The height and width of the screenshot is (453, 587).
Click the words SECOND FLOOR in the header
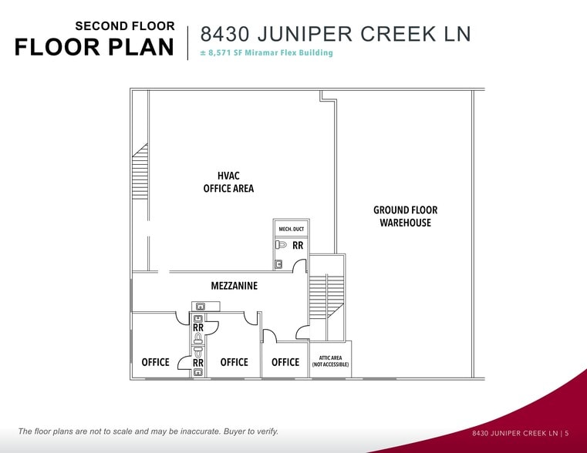(124, 26)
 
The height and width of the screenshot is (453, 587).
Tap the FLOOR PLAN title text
(94, 47)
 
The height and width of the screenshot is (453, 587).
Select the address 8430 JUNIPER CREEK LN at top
(336, 34)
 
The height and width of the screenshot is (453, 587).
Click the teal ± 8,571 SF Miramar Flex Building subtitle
(266, 53)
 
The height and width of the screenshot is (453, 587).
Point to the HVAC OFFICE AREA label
(228, 183)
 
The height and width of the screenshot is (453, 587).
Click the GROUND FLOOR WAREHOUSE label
(405, 216)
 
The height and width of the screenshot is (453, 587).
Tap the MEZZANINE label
(234, 286)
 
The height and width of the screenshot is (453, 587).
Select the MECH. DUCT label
(291, 230)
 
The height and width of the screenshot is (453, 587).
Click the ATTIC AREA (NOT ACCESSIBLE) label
(330, 361)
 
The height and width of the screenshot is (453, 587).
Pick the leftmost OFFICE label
(155, 362)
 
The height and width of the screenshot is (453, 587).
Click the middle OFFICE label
(234, 362)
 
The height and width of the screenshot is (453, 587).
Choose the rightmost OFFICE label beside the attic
(285, 362)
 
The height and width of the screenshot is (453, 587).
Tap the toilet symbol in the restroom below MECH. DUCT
(282, 246)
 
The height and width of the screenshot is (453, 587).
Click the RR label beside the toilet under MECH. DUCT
(298, 246)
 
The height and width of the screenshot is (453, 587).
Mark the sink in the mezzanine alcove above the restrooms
(199, 307)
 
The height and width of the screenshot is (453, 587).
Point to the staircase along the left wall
(140, 171)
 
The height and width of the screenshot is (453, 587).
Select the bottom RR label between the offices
(198, 362)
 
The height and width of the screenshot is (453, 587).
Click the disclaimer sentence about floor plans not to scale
(148, 431)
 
